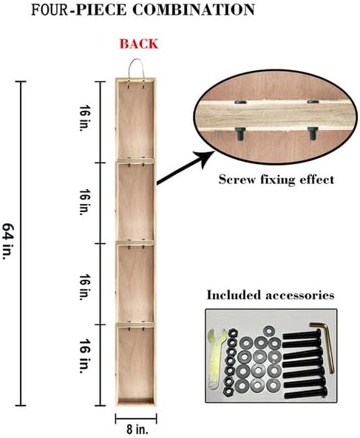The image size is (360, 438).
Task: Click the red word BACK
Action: [139, 44]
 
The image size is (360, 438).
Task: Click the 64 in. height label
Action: [8, 241]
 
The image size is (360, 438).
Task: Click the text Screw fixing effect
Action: [276, 179]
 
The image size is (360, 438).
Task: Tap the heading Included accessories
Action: [271, 295]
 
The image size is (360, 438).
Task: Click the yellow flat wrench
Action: [216, 358]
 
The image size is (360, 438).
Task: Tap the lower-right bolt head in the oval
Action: [313, 133]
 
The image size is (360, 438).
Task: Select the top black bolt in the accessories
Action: [302, 334]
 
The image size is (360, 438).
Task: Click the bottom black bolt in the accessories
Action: [305, 394]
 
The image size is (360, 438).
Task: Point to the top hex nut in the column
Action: [233, 333]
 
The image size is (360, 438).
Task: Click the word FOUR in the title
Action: [50, 10]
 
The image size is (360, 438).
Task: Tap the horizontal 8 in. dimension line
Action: [136, 419]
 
